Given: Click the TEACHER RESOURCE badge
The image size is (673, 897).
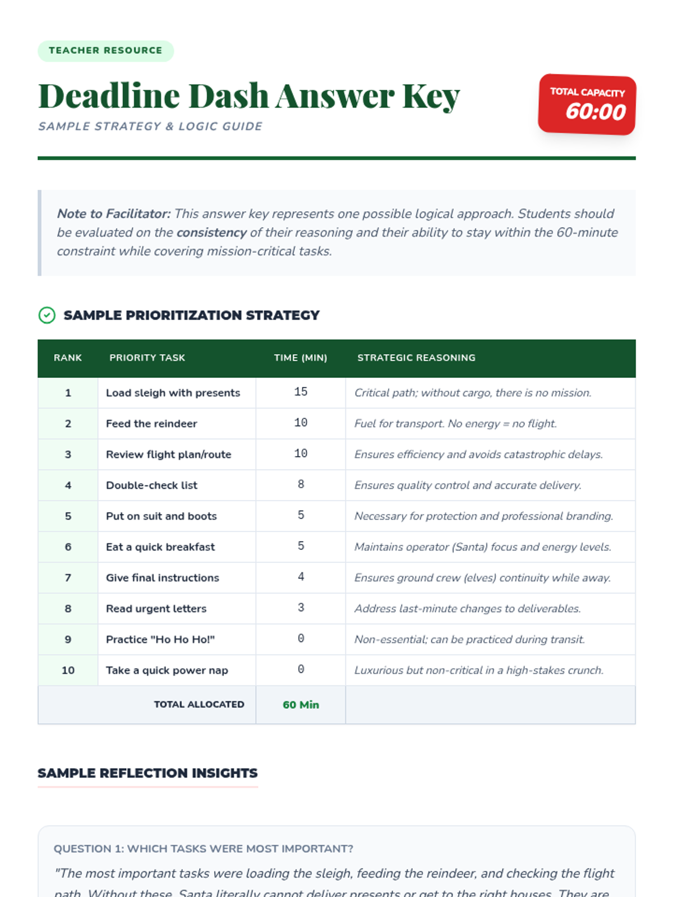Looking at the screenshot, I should [105, 50].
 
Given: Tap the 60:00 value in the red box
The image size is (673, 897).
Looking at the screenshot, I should [595, 112].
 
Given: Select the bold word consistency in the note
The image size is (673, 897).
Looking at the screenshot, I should [211, 233].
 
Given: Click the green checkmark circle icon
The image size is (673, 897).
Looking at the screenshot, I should [47, 315].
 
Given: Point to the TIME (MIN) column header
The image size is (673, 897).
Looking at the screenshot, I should [300, 358].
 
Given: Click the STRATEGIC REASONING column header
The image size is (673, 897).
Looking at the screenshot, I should [416, 358].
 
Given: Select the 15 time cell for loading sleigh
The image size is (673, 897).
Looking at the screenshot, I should [301, 392].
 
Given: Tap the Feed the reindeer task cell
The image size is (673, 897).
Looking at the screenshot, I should [151, 424].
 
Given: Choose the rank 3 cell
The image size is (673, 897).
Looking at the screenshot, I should [68, 455].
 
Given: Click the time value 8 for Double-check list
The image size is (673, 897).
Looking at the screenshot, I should [301, 484].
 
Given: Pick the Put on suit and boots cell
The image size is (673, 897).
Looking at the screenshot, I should [161, 516].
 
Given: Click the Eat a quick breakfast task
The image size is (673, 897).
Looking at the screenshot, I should [160, 547].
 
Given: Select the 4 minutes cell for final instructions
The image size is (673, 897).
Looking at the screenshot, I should [301, 577].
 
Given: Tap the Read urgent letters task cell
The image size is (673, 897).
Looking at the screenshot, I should [156, 609].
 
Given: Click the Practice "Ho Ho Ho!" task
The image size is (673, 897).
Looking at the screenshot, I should [160, 640].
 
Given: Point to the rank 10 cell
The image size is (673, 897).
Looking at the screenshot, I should [68, 671].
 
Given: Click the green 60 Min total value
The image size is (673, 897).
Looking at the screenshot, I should [301, 705].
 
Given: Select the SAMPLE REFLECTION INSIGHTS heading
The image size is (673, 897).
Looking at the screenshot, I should [147, 773].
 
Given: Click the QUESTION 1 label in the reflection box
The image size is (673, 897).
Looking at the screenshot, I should [203, 849].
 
